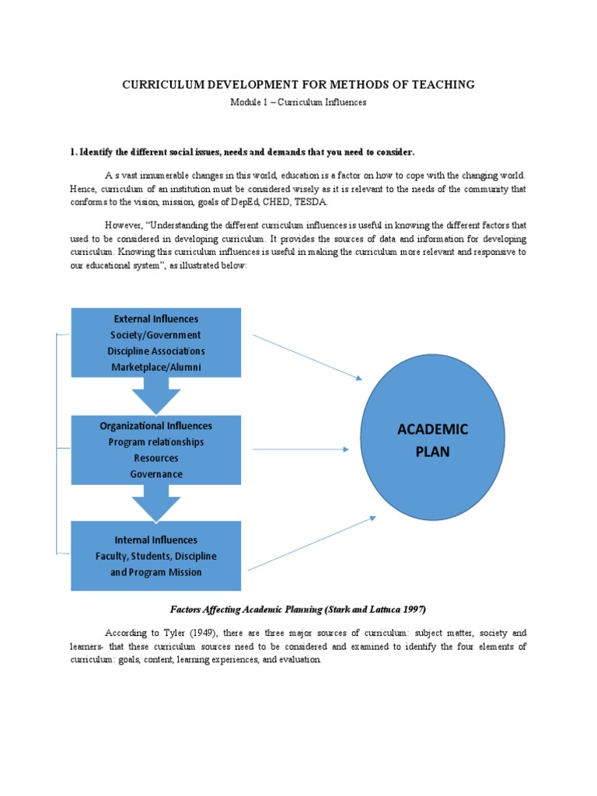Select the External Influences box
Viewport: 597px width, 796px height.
click(155, 342)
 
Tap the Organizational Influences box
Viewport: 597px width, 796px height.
click(155, 449)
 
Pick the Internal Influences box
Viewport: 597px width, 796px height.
click(155, 556)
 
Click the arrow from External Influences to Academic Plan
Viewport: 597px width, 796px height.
click(307, 357)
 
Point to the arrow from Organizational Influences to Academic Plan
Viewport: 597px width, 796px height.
click(300, 449)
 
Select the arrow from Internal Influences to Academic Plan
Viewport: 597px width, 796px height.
click(311, 543)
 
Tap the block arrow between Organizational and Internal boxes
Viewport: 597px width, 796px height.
click(155, 503)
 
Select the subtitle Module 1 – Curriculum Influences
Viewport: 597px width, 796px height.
click(298, 102)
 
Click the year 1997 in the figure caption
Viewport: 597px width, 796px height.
click(414, 608)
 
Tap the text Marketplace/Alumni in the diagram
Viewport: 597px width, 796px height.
click(155, 367)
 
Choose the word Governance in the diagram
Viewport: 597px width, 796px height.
click(155, 474)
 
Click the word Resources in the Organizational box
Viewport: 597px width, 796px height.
click(155, 458)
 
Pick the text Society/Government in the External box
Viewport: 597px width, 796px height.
click(155, 335)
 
